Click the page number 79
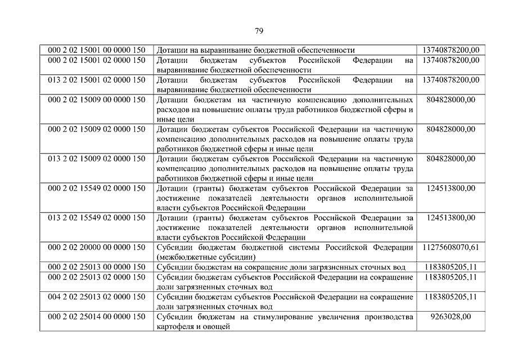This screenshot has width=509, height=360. [x=259, y=31]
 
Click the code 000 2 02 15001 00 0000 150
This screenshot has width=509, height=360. [x=97, y=50]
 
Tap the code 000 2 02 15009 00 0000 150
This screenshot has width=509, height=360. [x=97, y=100]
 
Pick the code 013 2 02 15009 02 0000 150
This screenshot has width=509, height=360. [x=97, y=159]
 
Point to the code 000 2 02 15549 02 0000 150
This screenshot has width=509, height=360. [x=97, y=188]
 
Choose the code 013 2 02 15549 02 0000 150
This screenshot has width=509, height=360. [x=97, y=217]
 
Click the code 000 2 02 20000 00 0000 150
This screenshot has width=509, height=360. [x=97, y=247]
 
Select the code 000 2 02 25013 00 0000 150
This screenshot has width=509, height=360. [x=97, y=267]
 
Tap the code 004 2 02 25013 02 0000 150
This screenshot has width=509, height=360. [x=97, y=296]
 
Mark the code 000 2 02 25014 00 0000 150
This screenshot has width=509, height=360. [x=97, y=317]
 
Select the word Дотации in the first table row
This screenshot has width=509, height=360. [x=172, y=50]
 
